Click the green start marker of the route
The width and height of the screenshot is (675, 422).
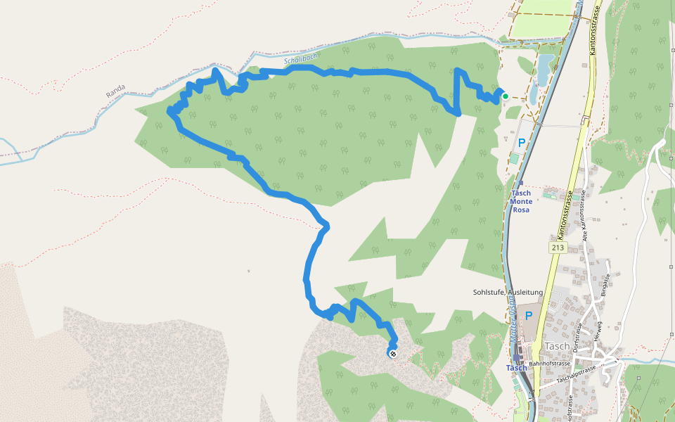point(505,96)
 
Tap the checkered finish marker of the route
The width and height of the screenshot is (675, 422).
point(392,353)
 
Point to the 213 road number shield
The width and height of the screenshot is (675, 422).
point(558,248)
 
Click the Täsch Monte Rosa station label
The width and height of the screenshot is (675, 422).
point(521,201)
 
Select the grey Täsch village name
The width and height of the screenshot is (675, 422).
point(557,346)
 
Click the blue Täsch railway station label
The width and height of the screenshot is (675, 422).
point(517,368)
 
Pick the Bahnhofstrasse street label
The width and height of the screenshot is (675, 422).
point(548,364)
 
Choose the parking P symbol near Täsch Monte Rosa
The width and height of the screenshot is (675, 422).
point(522,143)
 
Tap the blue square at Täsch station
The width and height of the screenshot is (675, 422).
point(517,358)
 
